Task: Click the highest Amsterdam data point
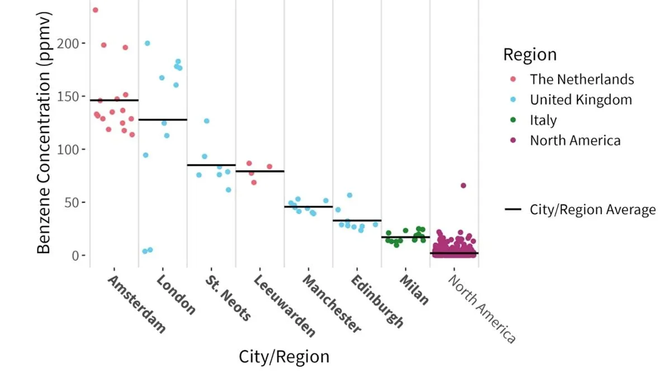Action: coord(96,10)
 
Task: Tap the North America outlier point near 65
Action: coord(463,185)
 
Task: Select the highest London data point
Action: coord(148,43)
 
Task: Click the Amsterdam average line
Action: coord(114,100)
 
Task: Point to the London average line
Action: coord(163,120)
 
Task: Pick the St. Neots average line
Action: coord(211,165)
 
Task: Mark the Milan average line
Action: coord(406,237)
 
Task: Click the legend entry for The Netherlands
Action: coord(582,79)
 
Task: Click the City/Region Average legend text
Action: coord(593,210)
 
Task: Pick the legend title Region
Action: coord(530,55)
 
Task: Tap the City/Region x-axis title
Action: coord(284,357)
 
